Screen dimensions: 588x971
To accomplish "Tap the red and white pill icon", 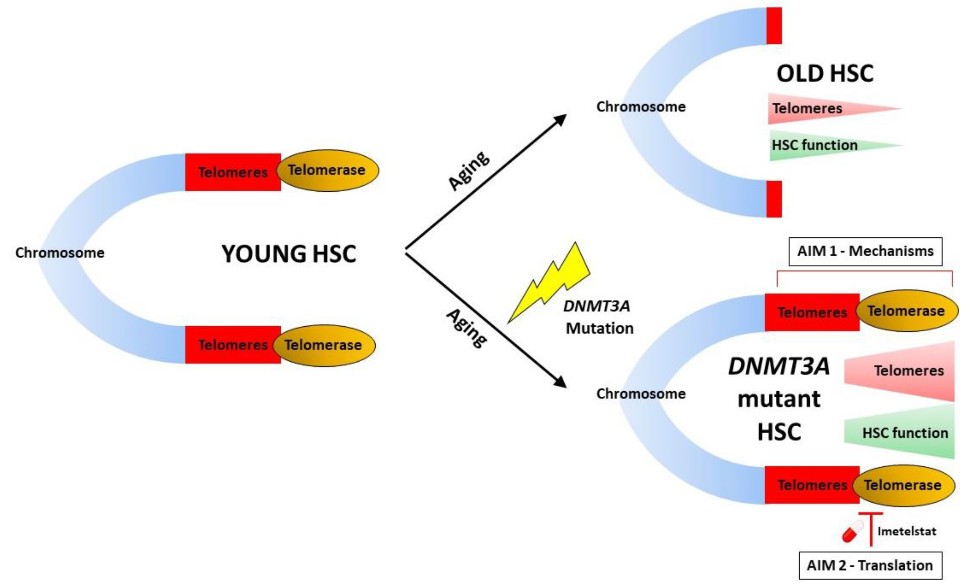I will pos(852,531).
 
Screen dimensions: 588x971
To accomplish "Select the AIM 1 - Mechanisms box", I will pos(865,251).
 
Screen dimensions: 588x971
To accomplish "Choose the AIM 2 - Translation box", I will pos(870,566).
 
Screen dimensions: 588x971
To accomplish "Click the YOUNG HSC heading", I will pos(289,253).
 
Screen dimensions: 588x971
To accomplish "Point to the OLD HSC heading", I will pos(825,73).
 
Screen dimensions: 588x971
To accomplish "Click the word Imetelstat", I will pos(907,531).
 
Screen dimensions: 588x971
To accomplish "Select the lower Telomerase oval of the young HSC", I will pos(324,346).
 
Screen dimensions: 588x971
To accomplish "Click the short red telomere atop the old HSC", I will pos(774,26).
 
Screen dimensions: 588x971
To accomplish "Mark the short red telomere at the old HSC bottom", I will pos(774,199).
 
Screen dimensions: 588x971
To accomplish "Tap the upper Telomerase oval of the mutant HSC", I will pos(906,311).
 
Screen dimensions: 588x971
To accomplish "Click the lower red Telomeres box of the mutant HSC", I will pos(812,485).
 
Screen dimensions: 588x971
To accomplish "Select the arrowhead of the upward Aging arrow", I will pos(560,120).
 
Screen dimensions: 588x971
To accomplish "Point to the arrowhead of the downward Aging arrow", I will pos(560,382).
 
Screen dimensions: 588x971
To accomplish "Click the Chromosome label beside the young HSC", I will pos(60,252).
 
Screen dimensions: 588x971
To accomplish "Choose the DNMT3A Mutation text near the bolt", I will pos(599,317).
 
